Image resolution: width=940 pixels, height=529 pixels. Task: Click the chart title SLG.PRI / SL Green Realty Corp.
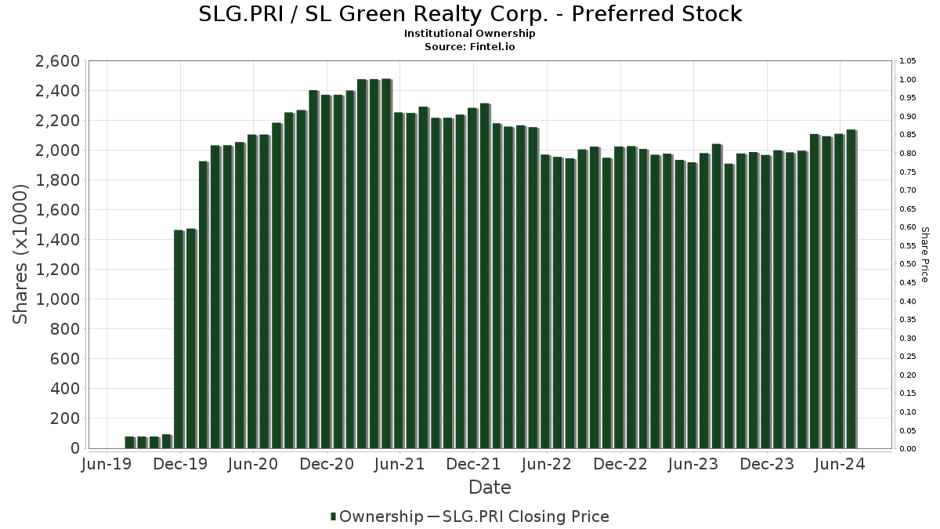[x=470, y=14]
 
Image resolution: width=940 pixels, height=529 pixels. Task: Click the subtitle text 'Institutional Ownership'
[x=470, y=34]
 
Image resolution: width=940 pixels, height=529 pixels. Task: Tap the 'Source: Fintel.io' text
[x=470, y=46]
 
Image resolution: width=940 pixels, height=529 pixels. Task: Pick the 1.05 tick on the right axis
[x=908, y=61]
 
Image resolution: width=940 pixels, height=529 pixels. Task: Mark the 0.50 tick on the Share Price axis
[x=908, y=264]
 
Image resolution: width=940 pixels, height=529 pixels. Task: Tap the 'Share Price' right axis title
[x=924, y=255]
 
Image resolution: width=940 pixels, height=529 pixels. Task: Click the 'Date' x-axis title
[x=490, y=487]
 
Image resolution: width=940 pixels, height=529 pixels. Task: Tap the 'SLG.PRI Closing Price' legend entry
[x=526, y=516]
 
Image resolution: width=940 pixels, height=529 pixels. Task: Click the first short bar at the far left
[x=129, y=443]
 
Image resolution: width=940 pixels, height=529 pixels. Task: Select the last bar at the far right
[x=851, y=290]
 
